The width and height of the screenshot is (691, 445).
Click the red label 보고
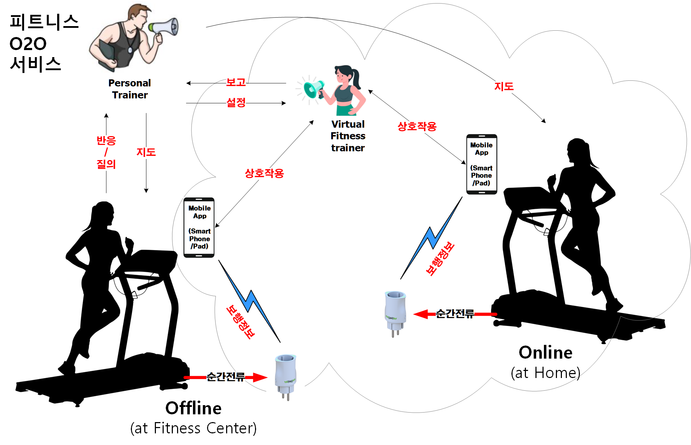coord(236,83)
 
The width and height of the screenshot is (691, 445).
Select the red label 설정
coord(236,103)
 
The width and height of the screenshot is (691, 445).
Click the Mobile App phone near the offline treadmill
coord(199,227)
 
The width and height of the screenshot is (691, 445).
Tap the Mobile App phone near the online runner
coord(481,164)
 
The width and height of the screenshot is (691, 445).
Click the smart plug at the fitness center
coord(286,376)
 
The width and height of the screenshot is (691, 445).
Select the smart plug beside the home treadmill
coord(395,312)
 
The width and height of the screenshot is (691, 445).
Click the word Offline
coord(193,408)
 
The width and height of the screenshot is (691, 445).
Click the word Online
coord(545,352)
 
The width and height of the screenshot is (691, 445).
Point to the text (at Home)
coord(545,373)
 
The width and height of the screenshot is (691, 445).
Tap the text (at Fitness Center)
coord(193,428)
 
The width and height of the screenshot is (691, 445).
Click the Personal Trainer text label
coord(130,89)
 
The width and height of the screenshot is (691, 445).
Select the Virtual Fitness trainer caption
coord(348,136)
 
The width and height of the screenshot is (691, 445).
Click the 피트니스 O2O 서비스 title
coord(42,43)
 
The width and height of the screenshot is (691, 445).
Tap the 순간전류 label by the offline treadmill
coord(226,377)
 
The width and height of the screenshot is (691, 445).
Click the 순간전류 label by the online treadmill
coord(455,313)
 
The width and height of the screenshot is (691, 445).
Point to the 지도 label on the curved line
coord(504,86)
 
